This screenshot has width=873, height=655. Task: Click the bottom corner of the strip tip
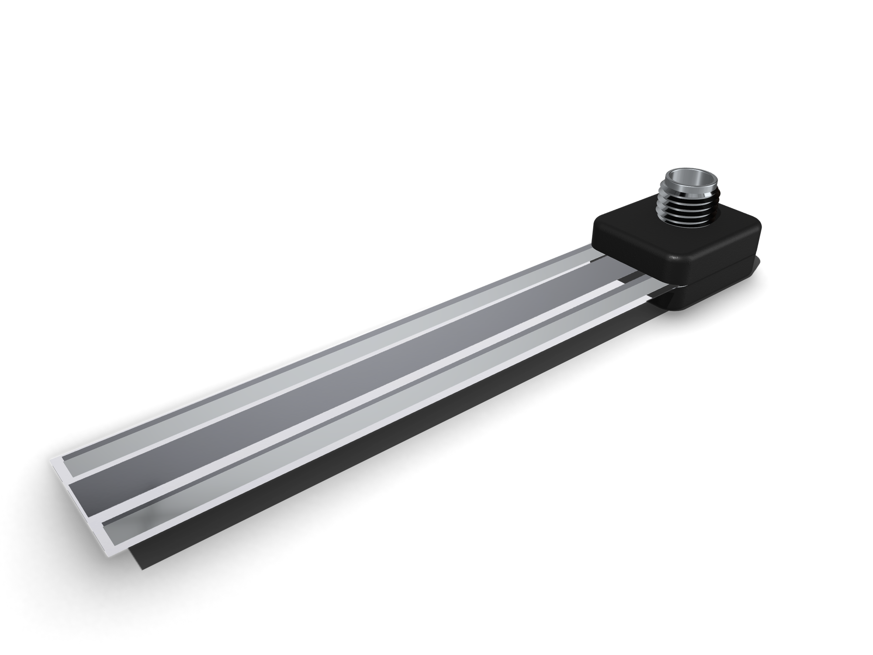pyautogui.click(x=109, y=555)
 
